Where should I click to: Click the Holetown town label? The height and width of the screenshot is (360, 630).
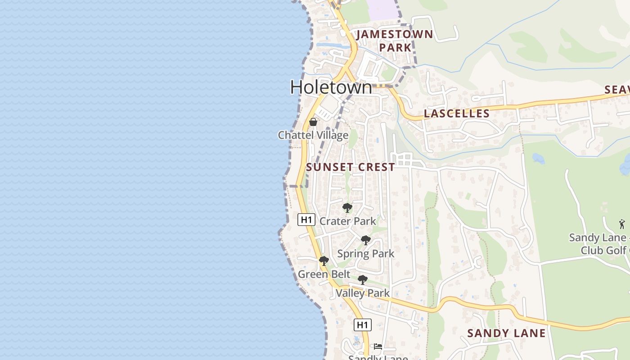[x=331, y=87]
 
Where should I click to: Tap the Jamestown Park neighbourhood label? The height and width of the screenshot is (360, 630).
[x=395, y=40]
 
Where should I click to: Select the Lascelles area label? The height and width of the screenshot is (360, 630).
[x=456, y=113]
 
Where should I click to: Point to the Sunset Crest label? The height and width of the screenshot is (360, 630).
[x=351, y=167]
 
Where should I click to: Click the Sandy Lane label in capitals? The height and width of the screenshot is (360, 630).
[x=506, y=333]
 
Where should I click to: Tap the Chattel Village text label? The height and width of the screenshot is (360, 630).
[x=313, y=135]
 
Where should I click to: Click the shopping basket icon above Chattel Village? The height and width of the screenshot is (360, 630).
[x=313, y=122]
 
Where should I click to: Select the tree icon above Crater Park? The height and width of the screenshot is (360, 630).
[x=347, y=208]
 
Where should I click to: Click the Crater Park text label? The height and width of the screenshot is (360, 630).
[x=347, y=221]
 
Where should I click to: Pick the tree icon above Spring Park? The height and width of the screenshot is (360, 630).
[x=366, y=240]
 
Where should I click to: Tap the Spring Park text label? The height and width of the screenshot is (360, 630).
[x=365, y=254]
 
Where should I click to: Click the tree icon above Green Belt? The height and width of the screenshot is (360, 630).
[x=324, y=261]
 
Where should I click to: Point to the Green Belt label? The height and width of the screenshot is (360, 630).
[x=324, y=274]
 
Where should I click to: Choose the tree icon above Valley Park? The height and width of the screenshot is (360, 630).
[x=362, y=280]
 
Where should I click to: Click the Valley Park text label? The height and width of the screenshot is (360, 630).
[x=363, y=293]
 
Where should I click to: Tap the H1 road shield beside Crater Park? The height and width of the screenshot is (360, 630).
[x=306, y=220]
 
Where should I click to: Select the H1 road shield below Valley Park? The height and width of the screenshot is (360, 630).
[x=363, y=324]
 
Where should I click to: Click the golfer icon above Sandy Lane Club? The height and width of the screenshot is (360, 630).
[x=622, y=224]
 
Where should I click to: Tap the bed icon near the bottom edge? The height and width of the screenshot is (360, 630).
[x=378, y=346]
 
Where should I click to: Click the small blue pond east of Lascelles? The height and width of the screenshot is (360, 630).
[x=538, y=158]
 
